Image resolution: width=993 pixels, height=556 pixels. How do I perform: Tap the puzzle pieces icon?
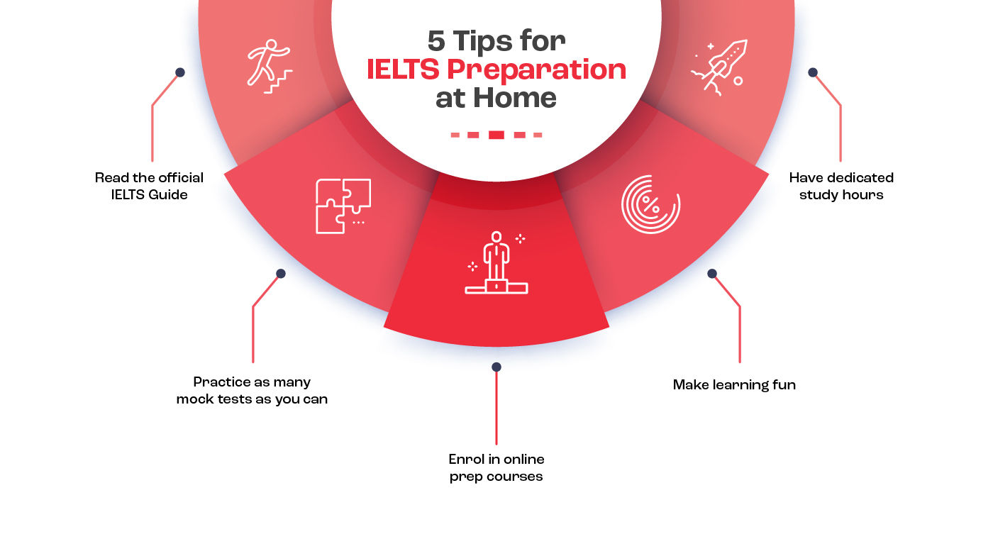coord(343,206)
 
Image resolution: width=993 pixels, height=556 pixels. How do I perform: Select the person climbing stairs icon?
coord(270,67)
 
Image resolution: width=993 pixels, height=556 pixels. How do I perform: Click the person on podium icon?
coord(496,262)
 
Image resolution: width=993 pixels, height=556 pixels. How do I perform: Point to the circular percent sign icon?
coord(650,204)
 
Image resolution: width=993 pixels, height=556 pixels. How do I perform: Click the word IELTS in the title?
coord(403,69)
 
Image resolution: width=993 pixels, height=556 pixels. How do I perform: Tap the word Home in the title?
coord(515,98)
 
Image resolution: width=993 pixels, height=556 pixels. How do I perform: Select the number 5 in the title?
coord(436,41)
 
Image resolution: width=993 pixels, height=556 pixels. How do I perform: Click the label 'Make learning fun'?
coord(734,385)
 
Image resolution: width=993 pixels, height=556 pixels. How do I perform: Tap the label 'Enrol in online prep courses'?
coord(496,468)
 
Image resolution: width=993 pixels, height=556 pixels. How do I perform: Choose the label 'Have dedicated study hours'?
coord(841,187)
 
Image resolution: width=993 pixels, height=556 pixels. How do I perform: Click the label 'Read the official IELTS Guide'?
coord(149,187)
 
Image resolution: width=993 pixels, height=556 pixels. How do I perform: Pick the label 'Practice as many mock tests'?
coord(252,390)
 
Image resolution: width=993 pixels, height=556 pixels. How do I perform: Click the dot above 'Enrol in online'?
coord(496,367)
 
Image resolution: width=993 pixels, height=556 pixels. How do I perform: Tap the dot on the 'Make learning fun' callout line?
coord(712,274)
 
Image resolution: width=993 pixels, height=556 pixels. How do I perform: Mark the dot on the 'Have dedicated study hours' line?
coord(813,72)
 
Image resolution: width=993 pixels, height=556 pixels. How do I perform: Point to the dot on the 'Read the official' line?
coord(180,72)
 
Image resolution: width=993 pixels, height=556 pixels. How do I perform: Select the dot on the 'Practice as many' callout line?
coord(281,274)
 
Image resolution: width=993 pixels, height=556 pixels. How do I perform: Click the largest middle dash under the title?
coord(496,135)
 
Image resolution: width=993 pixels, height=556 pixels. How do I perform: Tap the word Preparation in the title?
coord(536,70)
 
